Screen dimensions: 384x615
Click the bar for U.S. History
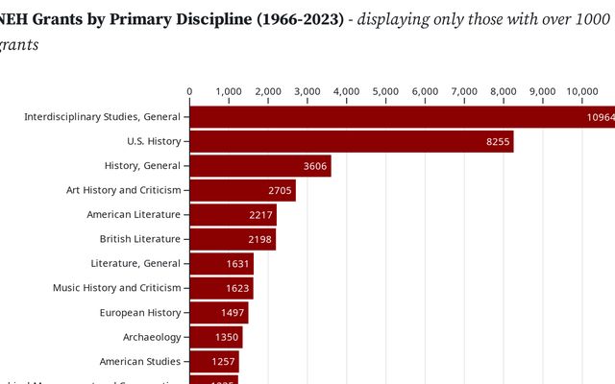(351, 141)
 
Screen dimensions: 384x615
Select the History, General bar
(259, 166)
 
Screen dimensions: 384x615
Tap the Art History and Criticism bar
(242, 190)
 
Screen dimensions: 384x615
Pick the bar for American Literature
(233, 215)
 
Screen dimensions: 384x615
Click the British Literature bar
(233, 239)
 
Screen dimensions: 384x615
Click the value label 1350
(224, 337)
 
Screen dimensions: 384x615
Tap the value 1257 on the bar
(222, 362)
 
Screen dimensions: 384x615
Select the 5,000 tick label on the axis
(385, 91)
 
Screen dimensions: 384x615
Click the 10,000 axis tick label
(582, 91)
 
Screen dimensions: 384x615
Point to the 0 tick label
(189, 91)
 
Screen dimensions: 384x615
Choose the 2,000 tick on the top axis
(268, 91)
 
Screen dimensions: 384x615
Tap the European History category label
(140, 312)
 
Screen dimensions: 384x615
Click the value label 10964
(600, 117)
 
